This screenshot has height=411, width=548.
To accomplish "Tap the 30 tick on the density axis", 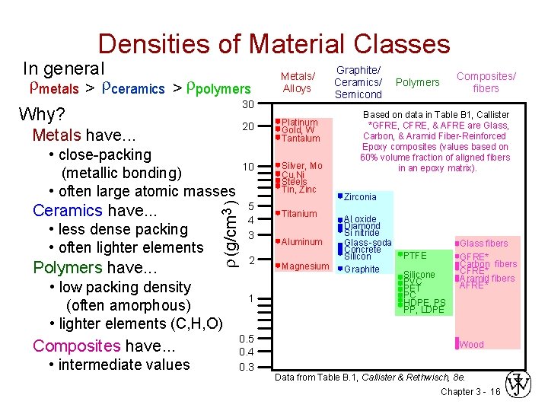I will click(x=247, y=104).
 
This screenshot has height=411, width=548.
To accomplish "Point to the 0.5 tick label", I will click(x=246, y=339).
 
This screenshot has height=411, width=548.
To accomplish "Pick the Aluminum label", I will click(x=302, y=242).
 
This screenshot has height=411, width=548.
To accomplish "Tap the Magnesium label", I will click(x=304, y=266).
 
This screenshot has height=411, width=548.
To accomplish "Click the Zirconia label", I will click(x=360, y=197).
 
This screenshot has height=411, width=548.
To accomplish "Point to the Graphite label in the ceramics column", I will click(x=362, y=269).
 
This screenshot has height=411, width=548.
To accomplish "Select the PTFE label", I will click(x=415, y=255).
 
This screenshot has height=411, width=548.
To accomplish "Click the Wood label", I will click(x=472, y=344).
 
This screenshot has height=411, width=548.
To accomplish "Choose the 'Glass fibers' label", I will click(x=484, y=243).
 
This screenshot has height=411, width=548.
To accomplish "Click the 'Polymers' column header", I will click(x=419, y=82).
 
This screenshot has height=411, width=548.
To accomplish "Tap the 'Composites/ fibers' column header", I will click(x=486, y=82).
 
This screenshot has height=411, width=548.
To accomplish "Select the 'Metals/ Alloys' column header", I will click(x=297, y=82).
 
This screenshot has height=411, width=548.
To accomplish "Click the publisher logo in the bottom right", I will click(x=521, y=385).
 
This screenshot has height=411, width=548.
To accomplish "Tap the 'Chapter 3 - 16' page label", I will click(x=470, y=392).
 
